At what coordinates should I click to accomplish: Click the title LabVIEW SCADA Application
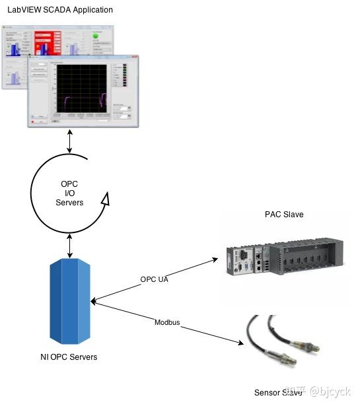tap(60, 10)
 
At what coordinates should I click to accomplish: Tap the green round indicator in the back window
tap(96, 36)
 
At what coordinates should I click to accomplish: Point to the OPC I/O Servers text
tap(69, 193)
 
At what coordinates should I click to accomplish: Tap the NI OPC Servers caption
tap(69, 357)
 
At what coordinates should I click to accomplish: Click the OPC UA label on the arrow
tap(155, 279)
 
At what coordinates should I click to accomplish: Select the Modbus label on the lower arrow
tap(167, 322)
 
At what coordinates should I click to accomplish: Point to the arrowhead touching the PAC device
tap(215, 260)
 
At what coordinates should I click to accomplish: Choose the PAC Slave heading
tap(284, 215)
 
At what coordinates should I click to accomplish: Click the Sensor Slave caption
tap(278, 393)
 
